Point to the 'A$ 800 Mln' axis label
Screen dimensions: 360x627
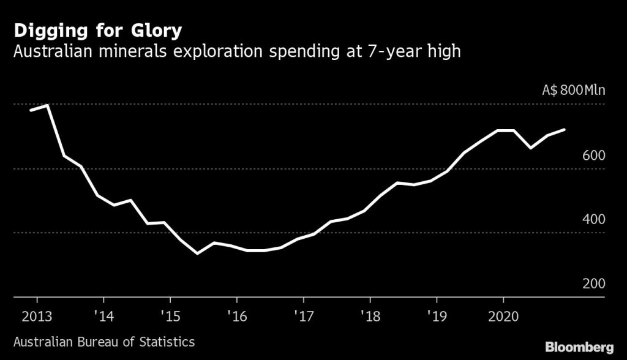[574, 91]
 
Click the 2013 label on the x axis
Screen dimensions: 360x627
[37, 317]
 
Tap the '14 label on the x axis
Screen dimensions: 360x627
[103, 317]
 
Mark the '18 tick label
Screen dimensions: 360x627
[370, 317]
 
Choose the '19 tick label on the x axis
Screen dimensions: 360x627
[437, 317]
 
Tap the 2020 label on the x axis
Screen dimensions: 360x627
[503, 317]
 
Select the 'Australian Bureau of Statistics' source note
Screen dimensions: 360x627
[103, 341]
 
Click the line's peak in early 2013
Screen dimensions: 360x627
[48, 105]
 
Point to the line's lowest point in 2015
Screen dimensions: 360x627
[197, 253]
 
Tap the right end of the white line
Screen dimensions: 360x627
[564, 130]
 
